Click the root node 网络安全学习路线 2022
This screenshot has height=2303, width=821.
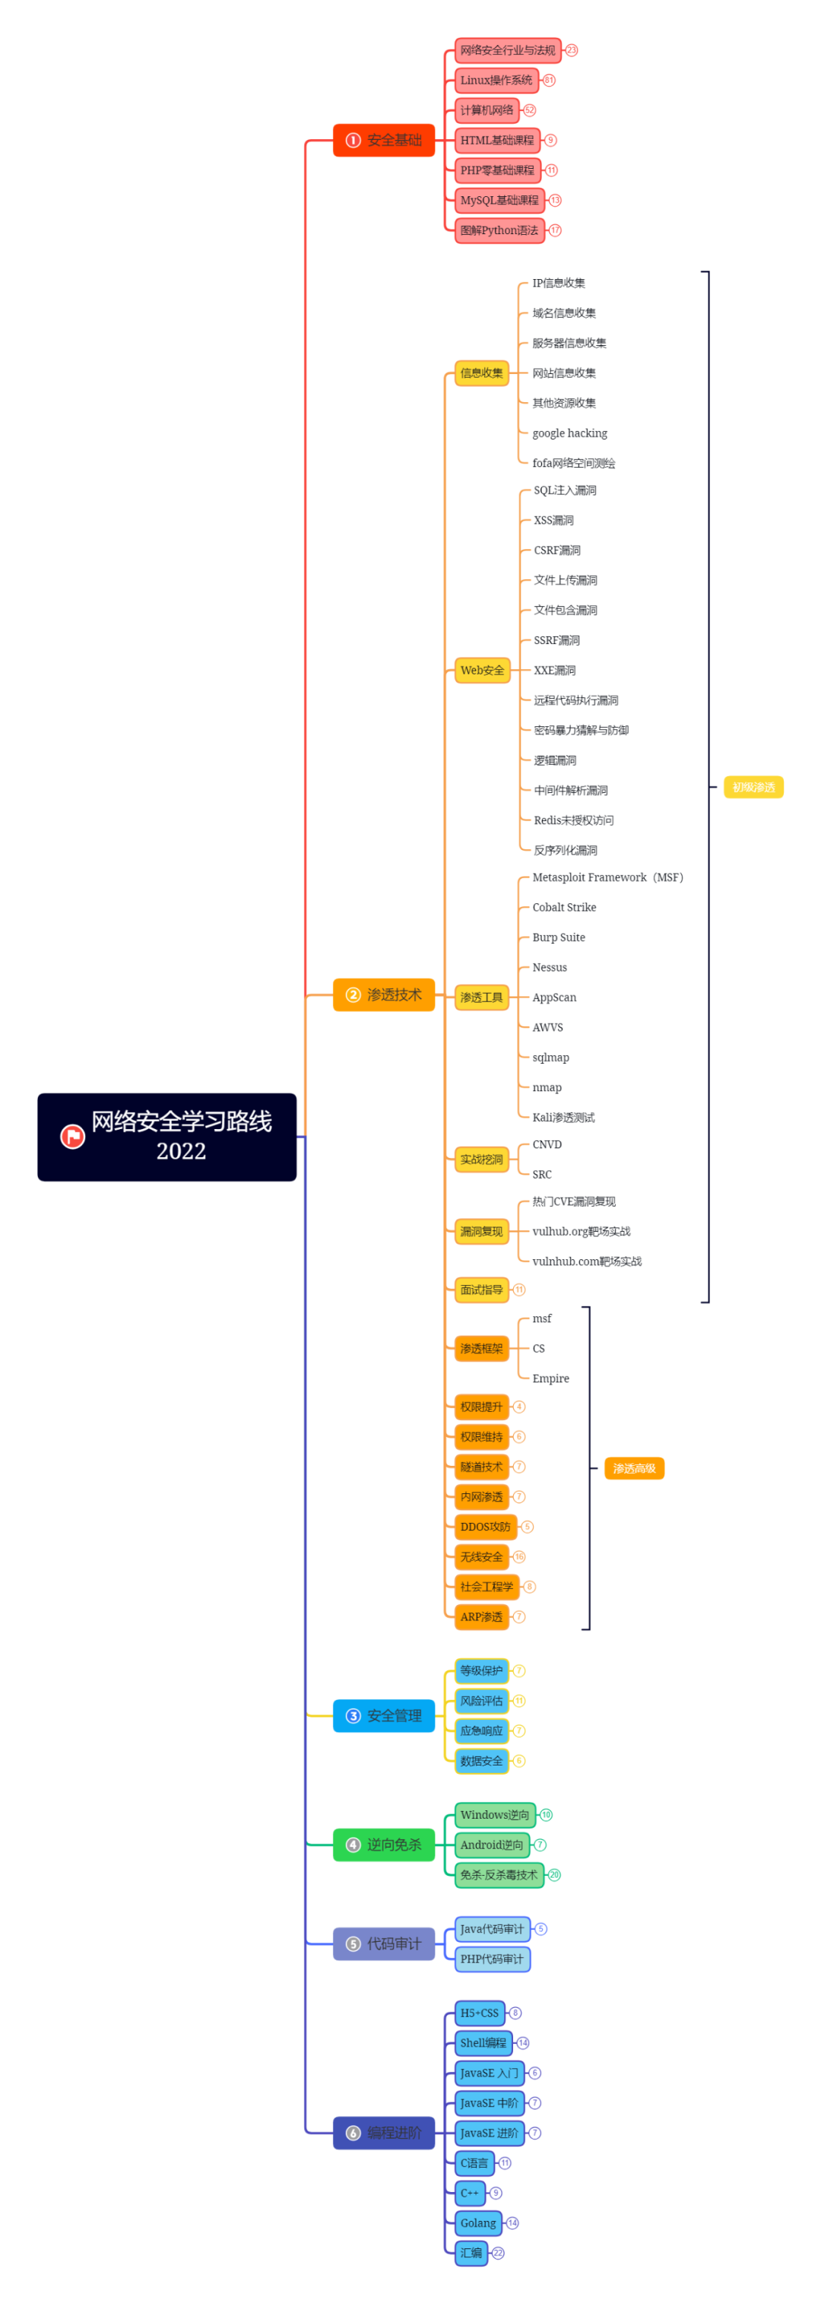(166, 1137)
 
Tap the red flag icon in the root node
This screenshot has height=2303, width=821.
(72, 1137)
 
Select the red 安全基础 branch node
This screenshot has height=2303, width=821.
(384, 141)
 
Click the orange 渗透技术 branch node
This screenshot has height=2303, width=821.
(384, 995)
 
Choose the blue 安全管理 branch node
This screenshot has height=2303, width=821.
(384, 1715)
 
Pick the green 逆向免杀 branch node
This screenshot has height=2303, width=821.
(384, 1845)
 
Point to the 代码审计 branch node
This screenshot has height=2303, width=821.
(384, 1943)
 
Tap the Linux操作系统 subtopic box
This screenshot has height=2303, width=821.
(496, 81)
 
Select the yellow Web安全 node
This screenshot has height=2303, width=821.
(482, 671)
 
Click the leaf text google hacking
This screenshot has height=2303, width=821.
(569, 433)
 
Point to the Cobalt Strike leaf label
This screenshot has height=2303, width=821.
(564, 907)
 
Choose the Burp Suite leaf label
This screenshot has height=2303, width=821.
(559, 937)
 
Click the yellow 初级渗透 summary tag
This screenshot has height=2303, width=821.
(753, 788)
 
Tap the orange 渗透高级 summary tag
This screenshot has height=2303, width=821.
(634, 1468)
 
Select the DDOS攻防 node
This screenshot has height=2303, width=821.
(486, 1527)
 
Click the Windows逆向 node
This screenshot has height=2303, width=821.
(495, 1815)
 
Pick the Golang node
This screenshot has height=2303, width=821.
(478, 2222)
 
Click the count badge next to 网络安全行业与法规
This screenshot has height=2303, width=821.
(572, 51)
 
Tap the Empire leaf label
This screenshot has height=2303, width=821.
(551, 1378)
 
